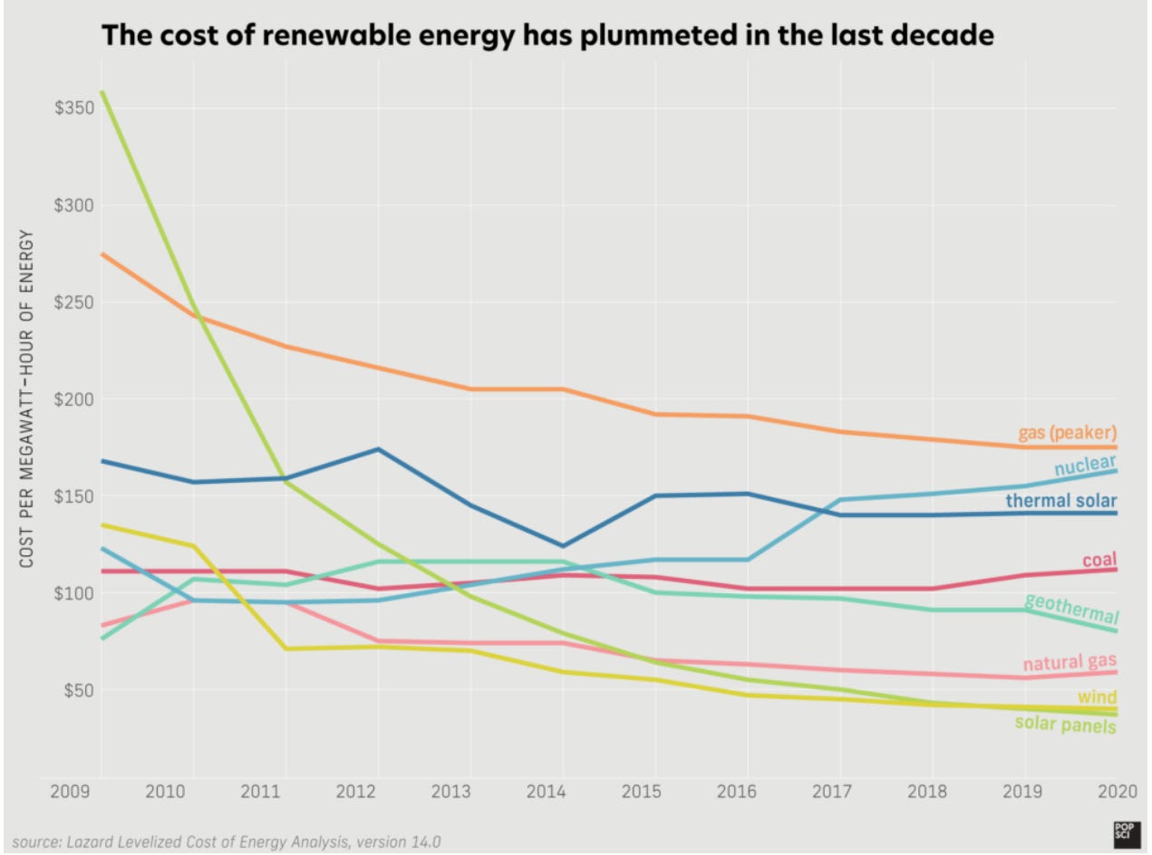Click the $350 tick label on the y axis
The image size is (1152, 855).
coord(73,109)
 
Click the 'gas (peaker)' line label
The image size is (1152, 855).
coord(1067,431)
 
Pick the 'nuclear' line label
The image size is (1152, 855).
coord(1085,466)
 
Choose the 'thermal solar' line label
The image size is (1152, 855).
coord(1060,501)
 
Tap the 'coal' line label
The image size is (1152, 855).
coord(1099,560)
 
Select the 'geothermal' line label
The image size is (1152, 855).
coord(1070,609)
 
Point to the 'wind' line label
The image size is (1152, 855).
coord(1097,697)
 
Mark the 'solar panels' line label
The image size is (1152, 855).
coord(1065,724)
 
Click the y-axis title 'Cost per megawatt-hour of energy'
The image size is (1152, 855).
coord(26,399)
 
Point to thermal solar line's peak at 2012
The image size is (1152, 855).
coord(378,448)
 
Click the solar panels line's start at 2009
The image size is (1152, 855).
coord(101,91)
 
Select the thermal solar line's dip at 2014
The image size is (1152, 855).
coord(564,546)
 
